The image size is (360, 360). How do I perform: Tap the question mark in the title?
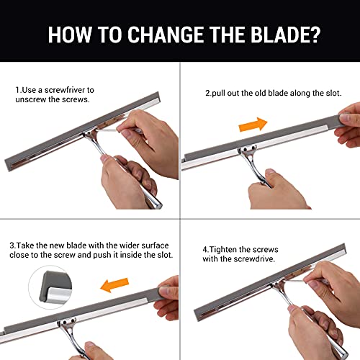pos(313,35)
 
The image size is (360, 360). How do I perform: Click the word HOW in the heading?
pos(70,35)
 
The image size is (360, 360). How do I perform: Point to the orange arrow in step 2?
pos(253,125)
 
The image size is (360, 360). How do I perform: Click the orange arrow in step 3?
pos(114,285)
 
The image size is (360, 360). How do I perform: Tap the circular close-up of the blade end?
pos(50,287)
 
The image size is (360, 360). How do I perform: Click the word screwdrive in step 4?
pos(254,259)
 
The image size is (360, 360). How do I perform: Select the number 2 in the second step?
pos(207,93)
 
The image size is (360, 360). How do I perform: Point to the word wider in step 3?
pos(130,246)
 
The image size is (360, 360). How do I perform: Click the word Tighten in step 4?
pos(222,250)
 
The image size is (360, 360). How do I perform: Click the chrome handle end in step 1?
pos(155,204)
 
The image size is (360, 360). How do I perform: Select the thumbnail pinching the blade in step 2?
pos(344,117)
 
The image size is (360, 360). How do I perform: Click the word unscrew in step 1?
pos(31,99)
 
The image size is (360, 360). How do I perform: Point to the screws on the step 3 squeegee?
pos(68,321)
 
